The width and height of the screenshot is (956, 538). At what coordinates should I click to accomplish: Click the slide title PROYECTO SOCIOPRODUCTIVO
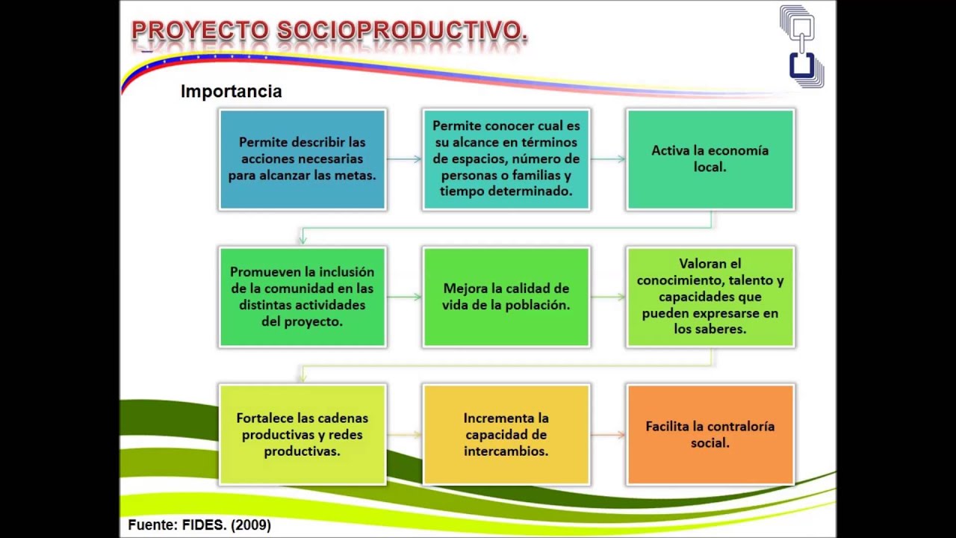pyautogui.click(x=329, y=31)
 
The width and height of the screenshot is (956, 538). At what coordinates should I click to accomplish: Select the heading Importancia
pyautogui.click(x=231, y=91)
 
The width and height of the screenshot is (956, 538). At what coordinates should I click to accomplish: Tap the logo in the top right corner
pyautogui.click(x=801, y=46)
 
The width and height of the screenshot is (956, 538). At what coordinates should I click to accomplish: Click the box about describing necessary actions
pyautogui.click(x=302, y=159)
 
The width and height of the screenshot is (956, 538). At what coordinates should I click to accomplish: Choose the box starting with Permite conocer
pyautogui.click(x=506, y=159)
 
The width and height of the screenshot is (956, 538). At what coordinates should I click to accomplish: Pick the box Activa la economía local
pyautogui.click(x=710, y=159)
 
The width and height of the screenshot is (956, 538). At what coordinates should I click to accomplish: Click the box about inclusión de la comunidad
pyautogui.click(x=302, y=297)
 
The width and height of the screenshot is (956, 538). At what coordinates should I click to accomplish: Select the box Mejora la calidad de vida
pyautogui.click(x=506, y=297)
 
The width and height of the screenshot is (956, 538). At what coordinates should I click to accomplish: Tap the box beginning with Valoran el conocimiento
pyautogui.click(x=710, y=297)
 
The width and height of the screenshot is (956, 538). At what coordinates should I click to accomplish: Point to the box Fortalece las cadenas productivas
pyautogui.click(x=302, y=434)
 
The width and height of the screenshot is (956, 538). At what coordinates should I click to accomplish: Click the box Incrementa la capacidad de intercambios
pyautogui.click(x=506, y=434)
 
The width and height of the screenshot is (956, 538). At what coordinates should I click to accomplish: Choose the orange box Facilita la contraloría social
pyautogui.click(x=710, y=434)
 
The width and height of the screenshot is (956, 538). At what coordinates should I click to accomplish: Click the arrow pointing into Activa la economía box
pyautogui.click(x=608, y=159)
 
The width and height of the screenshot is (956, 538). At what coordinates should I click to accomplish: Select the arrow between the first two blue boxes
pyautogui.click(x=404, y=159)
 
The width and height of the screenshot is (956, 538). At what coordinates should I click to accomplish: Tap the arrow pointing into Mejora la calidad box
pyautogui.click(x=404, y=297)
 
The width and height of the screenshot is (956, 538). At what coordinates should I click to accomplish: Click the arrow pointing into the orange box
pyautogui.click(x=608, y=434)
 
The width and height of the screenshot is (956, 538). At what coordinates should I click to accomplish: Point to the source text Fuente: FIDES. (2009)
pyautogui.click(x=199, y=525)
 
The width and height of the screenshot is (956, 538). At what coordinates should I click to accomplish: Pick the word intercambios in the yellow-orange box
pyautogui.click(x=506, y=451)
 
